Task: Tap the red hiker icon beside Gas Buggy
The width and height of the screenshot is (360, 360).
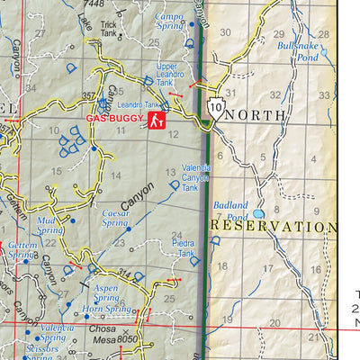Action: click(157, 118)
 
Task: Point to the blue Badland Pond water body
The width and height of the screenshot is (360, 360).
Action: click(259, 215)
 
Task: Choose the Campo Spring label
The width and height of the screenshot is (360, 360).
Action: click(169, 21)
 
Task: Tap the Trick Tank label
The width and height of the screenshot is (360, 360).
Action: click(109, 30)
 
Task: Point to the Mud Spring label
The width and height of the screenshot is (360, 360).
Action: click(50, 224)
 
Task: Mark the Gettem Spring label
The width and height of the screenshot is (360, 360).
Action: click(22, 249)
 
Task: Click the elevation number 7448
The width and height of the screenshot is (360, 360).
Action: click(94, 4)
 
